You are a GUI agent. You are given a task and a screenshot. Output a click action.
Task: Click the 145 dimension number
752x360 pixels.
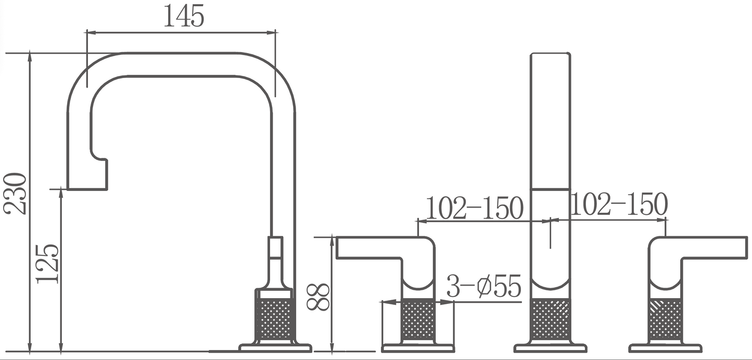pyautogui.click(x=184, y=17)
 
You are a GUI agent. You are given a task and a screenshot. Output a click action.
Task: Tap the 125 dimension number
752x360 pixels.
pyautogui.click(x=47, y=263)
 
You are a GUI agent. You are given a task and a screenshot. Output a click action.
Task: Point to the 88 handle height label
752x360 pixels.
pyautogui.click(x=318, y=297)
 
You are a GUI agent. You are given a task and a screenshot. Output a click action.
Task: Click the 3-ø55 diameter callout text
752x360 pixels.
pyautogui.click(x=484, y=287)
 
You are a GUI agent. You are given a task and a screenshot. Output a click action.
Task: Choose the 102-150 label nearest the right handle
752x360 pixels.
pyautogui.click(x=619, y=204)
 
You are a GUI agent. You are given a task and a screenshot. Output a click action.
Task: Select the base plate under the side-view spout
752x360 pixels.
pyautogui.click(x=275, y=347)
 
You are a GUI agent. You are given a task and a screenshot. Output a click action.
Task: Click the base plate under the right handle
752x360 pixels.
pyautogui.click(x=665, y=348)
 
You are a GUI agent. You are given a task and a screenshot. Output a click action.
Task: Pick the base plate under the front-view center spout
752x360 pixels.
pyautogui.click(x=550, y=348)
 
